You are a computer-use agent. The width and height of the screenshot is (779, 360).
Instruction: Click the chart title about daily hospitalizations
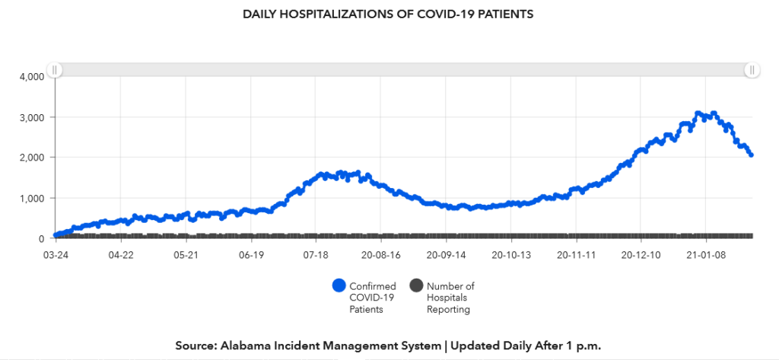[x=389, y=14]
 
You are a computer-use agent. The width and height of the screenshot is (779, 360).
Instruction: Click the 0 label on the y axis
[x=43, y=238]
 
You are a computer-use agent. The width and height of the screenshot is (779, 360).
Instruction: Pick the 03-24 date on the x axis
[x=55, y=255]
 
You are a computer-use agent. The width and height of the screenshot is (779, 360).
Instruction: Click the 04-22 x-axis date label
[x=120, y=255]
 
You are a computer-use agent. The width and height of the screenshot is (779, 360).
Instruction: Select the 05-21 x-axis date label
[x=186, y=255]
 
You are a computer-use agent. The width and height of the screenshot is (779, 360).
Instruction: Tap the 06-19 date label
[x=251, y=255]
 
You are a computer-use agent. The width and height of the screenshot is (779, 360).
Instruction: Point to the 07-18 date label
[x=316, y=255]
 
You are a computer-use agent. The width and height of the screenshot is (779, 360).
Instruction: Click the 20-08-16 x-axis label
[x=380, y=255]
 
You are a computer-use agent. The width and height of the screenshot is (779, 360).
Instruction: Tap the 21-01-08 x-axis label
[x=705, y=255]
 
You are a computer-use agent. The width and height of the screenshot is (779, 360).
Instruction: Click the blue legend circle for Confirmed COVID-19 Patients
[x=339, y=286]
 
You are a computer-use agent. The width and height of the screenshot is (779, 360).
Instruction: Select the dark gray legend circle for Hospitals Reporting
[x=416, y=286]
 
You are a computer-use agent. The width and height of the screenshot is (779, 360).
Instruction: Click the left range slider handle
[x=56, y=70]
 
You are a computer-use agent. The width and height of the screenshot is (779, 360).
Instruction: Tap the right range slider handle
[x=752, y=70]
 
